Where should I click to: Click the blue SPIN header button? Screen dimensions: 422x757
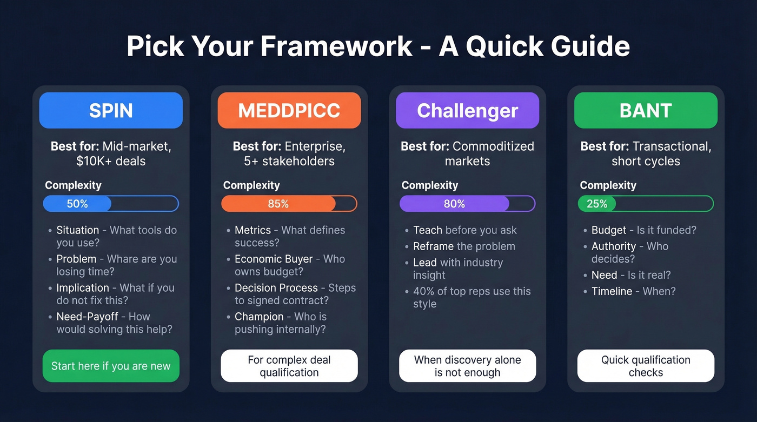point(111,110)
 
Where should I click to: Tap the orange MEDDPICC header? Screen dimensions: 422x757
point(289,110)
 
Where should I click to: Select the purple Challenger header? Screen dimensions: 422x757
point(467,110)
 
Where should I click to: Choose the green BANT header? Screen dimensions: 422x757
point(646,110)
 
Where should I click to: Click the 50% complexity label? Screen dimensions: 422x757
point(77,204)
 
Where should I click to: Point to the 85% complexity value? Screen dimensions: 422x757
point(278,204)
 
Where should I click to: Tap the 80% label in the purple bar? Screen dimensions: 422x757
point(454,204)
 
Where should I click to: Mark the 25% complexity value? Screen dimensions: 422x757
point(597,204)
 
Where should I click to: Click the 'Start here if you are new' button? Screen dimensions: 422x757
point(111,366)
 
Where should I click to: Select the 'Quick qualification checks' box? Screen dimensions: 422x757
point(646,366)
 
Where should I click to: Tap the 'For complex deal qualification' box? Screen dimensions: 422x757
point(289,366)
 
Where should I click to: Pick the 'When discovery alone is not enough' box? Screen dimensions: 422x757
point(467,366)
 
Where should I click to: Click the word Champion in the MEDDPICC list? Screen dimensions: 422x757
point(259,317)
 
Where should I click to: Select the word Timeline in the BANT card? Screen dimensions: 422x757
point(612,291)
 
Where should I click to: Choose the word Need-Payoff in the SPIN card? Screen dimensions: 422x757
point(88,317)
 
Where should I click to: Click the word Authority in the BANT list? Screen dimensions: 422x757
point(614,246)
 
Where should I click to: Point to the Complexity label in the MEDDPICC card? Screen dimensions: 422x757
point(251,185)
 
